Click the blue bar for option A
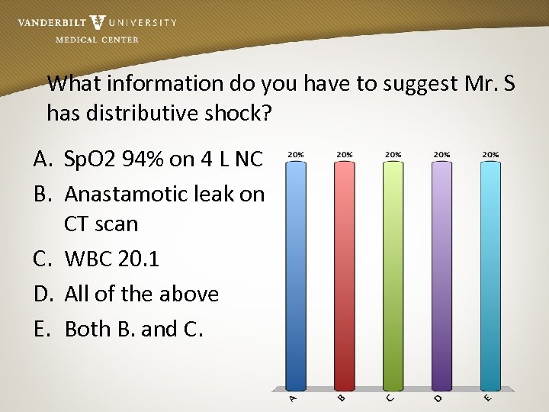[295, 275]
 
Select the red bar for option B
[344, 275]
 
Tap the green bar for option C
[393, 275]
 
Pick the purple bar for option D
[441, 275]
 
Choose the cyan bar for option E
[490, 275]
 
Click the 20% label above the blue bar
[295, 154]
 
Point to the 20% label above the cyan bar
[490, 154]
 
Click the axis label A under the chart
[294, 398]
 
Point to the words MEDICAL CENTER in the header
[97, 40]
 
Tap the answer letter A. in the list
[43, 159]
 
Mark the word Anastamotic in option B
[121, 195]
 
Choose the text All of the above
[142, 294]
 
